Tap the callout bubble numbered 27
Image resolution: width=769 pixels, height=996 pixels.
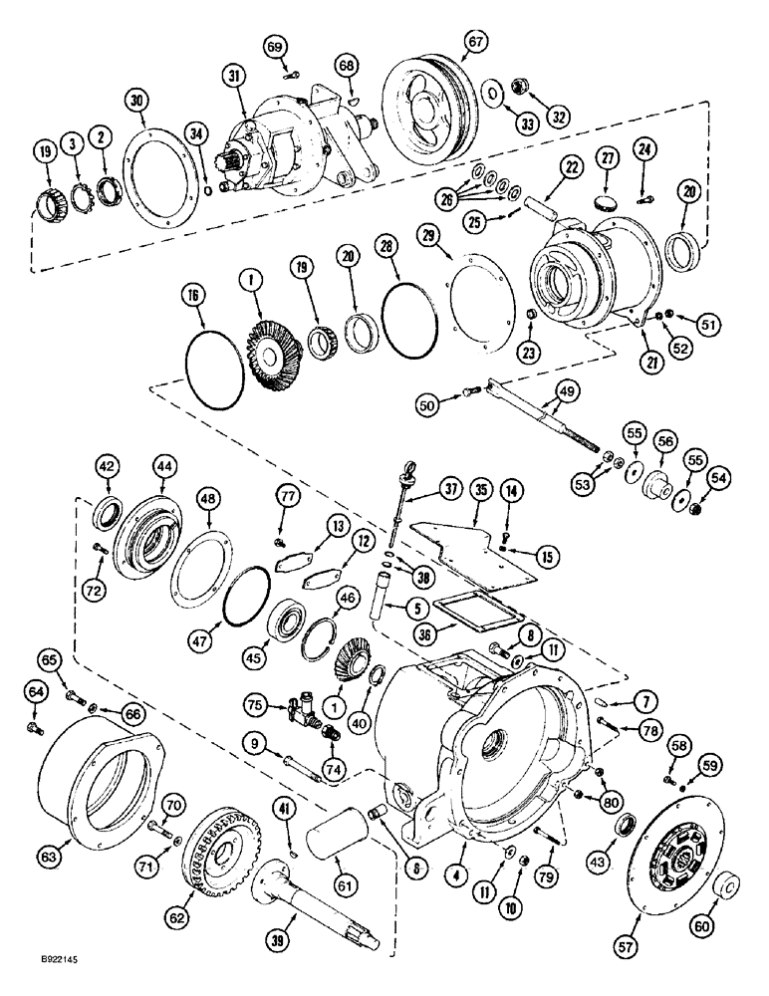(x=607, y=157)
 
